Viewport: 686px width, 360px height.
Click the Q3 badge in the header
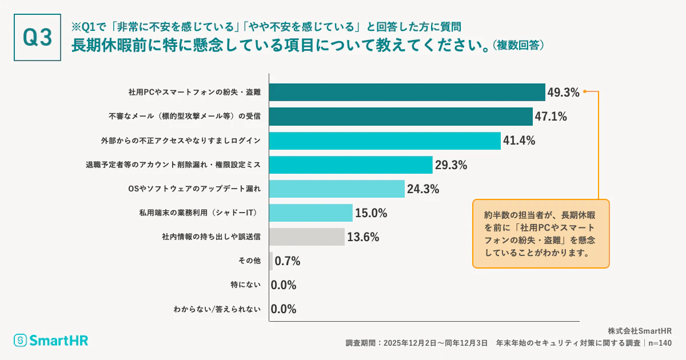click(x=37, y=37)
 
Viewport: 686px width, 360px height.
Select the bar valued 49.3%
click(x=406, y=93)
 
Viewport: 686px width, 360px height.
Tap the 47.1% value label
click(x=551, y=117)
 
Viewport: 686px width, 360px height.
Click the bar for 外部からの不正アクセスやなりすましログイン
click(x=385, y=141)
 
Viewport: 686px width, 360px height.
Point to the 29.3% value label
click(x=451, y=165)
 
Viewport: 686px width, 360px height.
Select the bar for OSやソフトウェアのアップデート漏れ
click(x=337, y=189)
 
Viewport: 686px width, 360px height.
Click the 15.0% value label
click(x=371, y=213)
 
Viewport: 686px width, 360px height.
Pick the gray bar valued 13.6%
click(x=307, y=237)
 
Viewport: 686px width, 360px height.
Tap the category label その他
click(x=249, y=261)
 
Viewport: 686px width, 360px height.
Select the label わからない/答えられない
click(x=217, y=309)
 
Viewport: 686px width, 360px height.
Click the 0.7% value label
click(x=288, y=261)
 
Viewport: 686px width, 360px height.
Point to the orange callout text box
click(x=541, y=234)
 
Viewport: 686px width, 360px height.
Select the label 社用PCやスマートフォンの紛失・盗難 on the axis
click(x=194, y=93)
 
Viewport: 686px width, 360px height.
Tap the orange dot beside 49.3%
click(x=585, y=91)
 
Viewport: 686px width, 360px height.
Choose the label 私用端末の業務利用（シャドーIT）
click(x=200, y=213)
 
